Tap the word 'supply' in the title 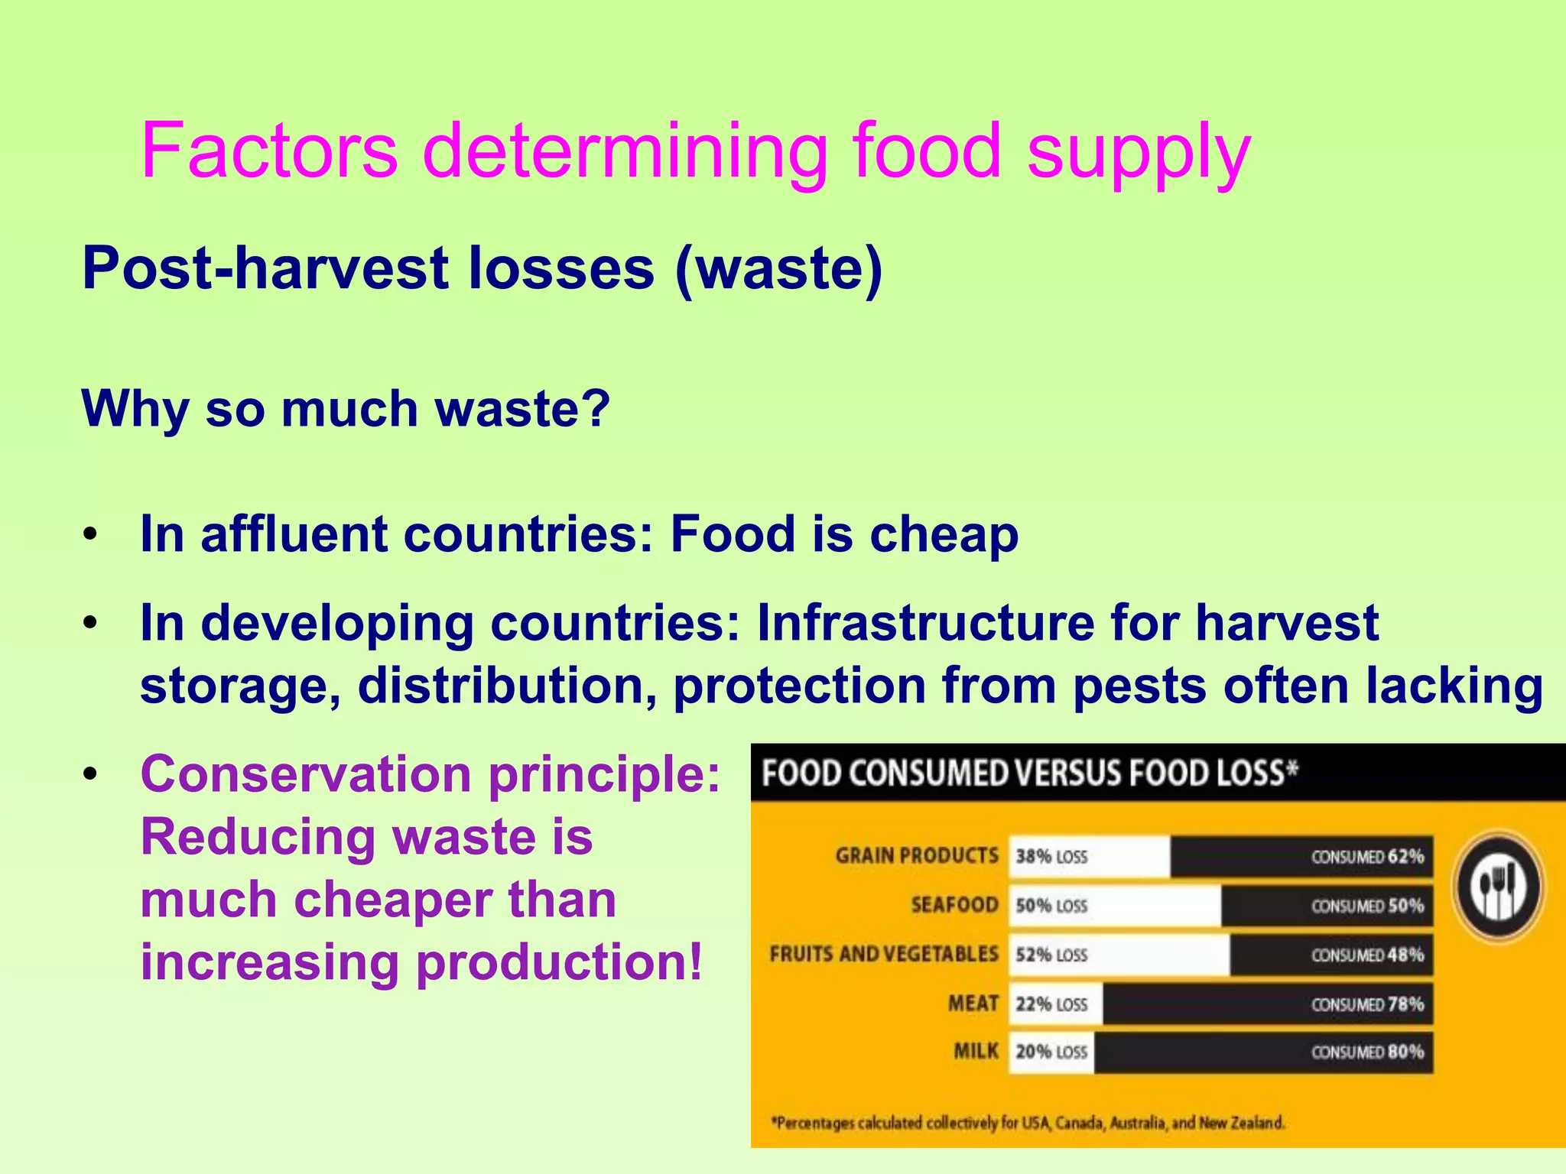1139,153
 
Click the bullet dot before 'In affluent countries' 91,534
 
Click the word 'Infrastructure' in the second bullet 925,623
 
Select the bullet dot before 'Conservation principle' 91,775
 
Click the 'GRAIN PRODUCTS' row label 917,855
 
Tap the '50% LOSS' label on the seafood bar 1051,906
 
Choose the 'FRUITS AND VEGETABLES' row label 884,954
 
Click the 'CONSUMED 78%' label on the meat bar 1367,1004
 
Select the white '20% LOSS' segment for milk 1051,1052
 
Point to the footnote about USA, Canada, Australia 1028,1123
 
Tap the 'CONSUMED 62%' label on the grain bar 1367,856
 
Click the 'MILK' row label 976,1052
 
